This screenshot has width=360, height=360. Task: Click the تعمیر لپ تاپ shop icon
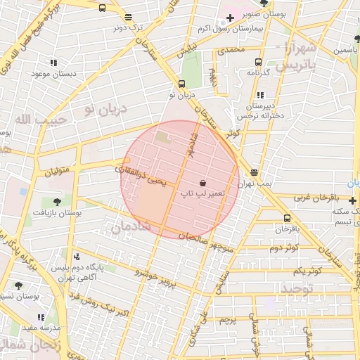[202, 183]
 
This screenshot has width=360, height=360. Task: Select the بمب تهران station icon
[253, 172]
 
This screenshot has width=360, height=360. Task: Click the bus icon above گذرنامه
[258, 62]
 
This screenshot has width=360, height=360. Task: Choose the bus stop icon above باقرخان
[286, 218]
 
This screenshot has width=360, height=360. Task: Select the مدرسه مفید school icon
[40, 317]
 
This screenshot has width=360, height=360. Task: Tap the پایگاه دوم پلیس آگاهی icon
[75, 257]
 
